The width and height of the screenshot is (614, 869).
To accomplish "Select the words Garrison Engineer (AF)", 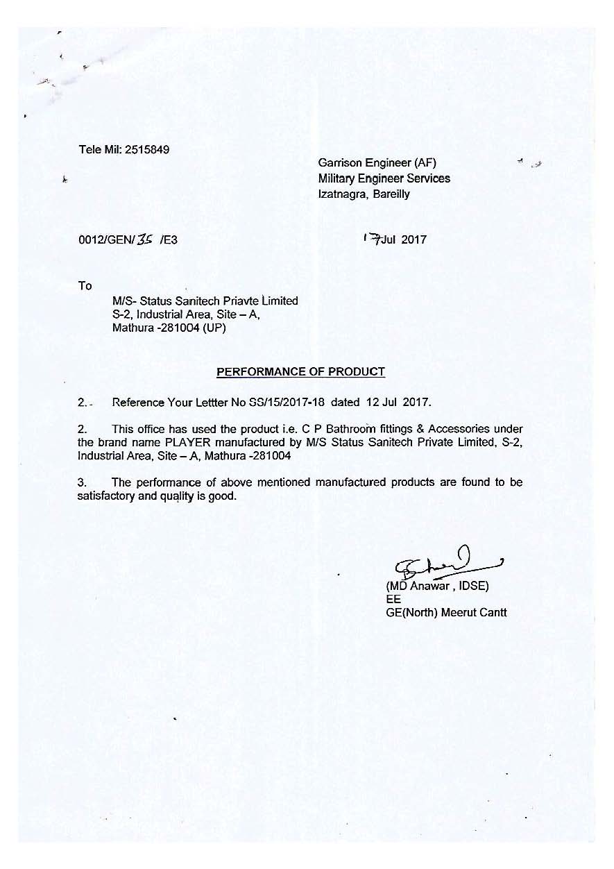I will click(377, 163).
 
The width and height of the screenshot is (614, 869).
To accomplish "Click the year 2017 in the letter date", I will click(412, 240).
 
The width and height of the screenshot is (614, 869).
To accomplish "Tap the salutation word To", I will click(85, 286).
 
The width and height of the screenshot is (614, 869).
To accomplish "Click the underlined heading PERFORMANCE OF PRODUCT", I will click(300, 372).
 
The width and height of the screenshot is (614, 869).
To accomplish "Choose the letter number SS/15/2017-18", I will click(286, 402).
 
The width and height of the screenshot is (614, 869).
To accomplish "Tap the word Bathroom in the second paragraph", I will click(353, 430).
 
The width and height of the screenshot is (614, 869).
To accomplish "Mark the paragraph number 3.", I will click(81, 482).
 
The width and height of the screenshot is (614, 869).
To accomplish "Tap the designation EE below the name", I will click(393, 600).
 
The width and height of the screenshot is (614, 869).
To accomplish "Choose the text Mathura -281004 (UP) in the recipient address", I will click(169, 329).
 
